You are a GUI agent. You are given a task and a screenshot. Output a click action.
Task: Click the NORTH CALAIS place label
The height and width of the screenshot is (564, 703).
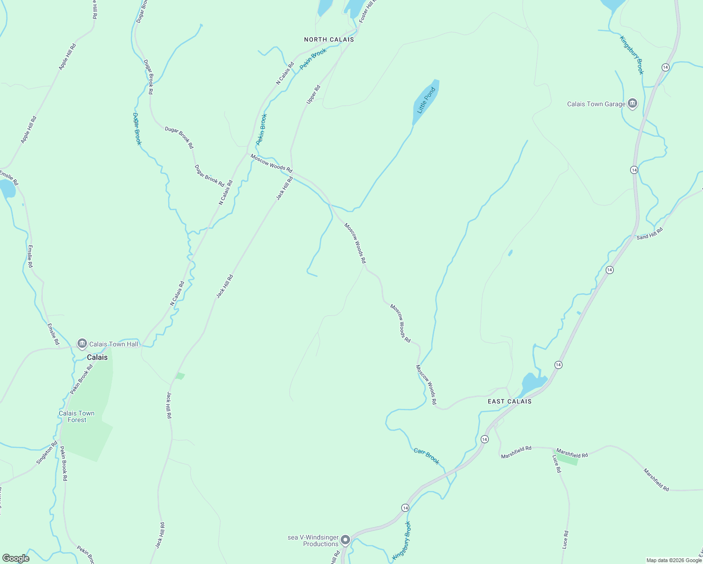tap(329, 39)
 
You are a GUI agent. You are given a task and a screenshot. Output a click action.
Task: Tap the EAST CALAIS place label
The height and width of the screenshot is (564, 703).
tap(509, 401)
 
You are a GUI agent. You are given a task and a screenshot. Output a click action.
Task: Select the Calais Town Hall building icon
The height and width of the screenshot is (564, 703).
tap(82, 344)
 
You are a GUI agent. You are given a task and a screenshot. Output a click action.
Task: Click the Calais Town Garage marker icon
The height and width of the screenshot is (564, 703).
tap(633, 104)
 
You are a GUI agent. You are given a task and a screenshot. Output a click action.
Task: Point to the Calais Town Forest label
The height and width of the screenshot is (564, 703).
tap(77, 416)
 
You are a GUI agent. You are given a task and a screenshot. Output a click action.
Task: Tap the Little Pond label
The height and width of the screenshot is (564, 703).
tap(427, 100)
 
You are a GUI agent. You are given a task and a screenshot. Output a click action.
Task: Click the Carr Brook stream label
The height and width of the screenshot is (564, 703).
tap(427, 456)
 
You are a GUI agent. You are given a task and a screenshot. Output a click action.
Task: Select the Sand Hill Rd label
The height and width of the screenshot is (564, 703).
tap(649, 234)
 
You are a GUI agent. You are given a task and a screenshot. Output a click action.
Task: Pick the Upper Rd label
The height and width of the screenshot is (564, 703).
tap(313, 94)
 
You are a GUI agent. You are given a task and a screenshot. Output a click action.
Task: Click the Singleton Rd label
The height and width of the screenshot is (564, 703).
tap(47, 453)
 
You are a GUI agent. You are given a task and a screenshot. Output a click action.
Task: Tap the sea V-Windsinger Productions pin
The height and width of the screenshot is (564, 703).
tap(345, 540)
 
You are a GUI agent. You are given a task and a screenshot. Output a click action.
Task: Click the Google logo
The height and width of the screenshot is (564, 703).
tap(16, 558)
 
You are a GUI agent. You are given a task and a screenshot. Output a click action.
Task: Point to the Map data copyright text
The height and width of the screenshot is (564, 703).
tap(674, 560)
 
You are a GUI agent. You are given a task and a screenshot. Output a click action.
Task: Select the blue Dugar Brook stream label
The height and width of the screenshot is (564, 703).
tap(137, 129)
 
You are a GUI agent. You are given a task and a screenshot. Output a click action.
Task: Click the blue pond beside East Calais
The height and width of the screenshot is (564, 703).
tap(532, 384)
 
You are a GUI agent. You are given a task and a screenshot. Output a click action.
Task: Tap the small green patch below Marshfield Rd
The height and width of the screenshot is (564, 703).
tap(567, 459)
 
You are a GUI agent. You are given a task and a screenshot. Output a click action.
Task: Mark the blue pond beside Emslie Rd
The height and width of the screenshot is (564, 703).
tap(7, 189)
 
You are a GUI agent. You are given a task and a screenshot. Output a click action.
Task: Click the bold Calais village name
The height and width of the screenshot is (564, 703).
tap(97, 357)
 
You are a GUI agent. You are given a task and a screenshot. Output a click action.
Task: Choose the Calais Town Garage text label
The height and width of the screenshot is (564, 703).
tap(596, 104)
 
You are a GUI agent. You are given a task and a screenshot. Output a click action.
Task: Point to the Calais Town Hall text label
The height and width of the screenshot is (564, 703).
tap(114, 344)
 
